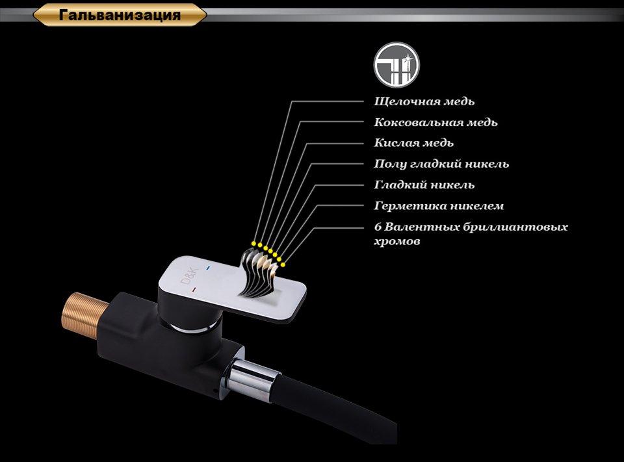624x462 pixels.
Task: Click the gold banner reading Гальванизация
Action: pyautogui.click(x=120, y=16)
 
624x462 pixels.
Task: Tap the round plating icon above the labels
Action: pyautogui.click(x=396, y=65)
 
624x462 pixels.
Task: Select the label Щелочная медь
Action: pyautogui.click(x=424, y=101)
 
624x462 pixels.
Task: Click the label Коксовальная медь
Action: pyautogui.click(x=435, y=122)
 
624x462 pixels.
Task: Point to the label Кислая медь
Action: pyautogui.click(x=413, y=143)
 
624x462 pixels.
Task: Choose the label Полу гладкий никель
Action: pyautogui.click(x=441, y=164)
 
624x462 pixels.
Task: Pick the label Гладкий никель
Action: pyautogui.click(x=424, y=185)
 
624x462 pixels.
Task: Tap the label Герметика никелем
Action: pyautogui.click(x=439, y=206)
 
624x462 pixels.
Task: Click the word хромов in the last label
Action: pyautogui.click(x=397, y=242)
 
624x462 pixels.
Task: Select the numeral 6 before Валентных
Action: pyautogui.click(x=378, y=227)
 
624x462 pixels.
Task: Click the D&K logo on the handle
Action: pyautogui.click(x=188, y=277)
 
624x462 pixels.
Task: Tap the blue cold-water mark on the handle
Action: pyautogui.click(x=207, y=268)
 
